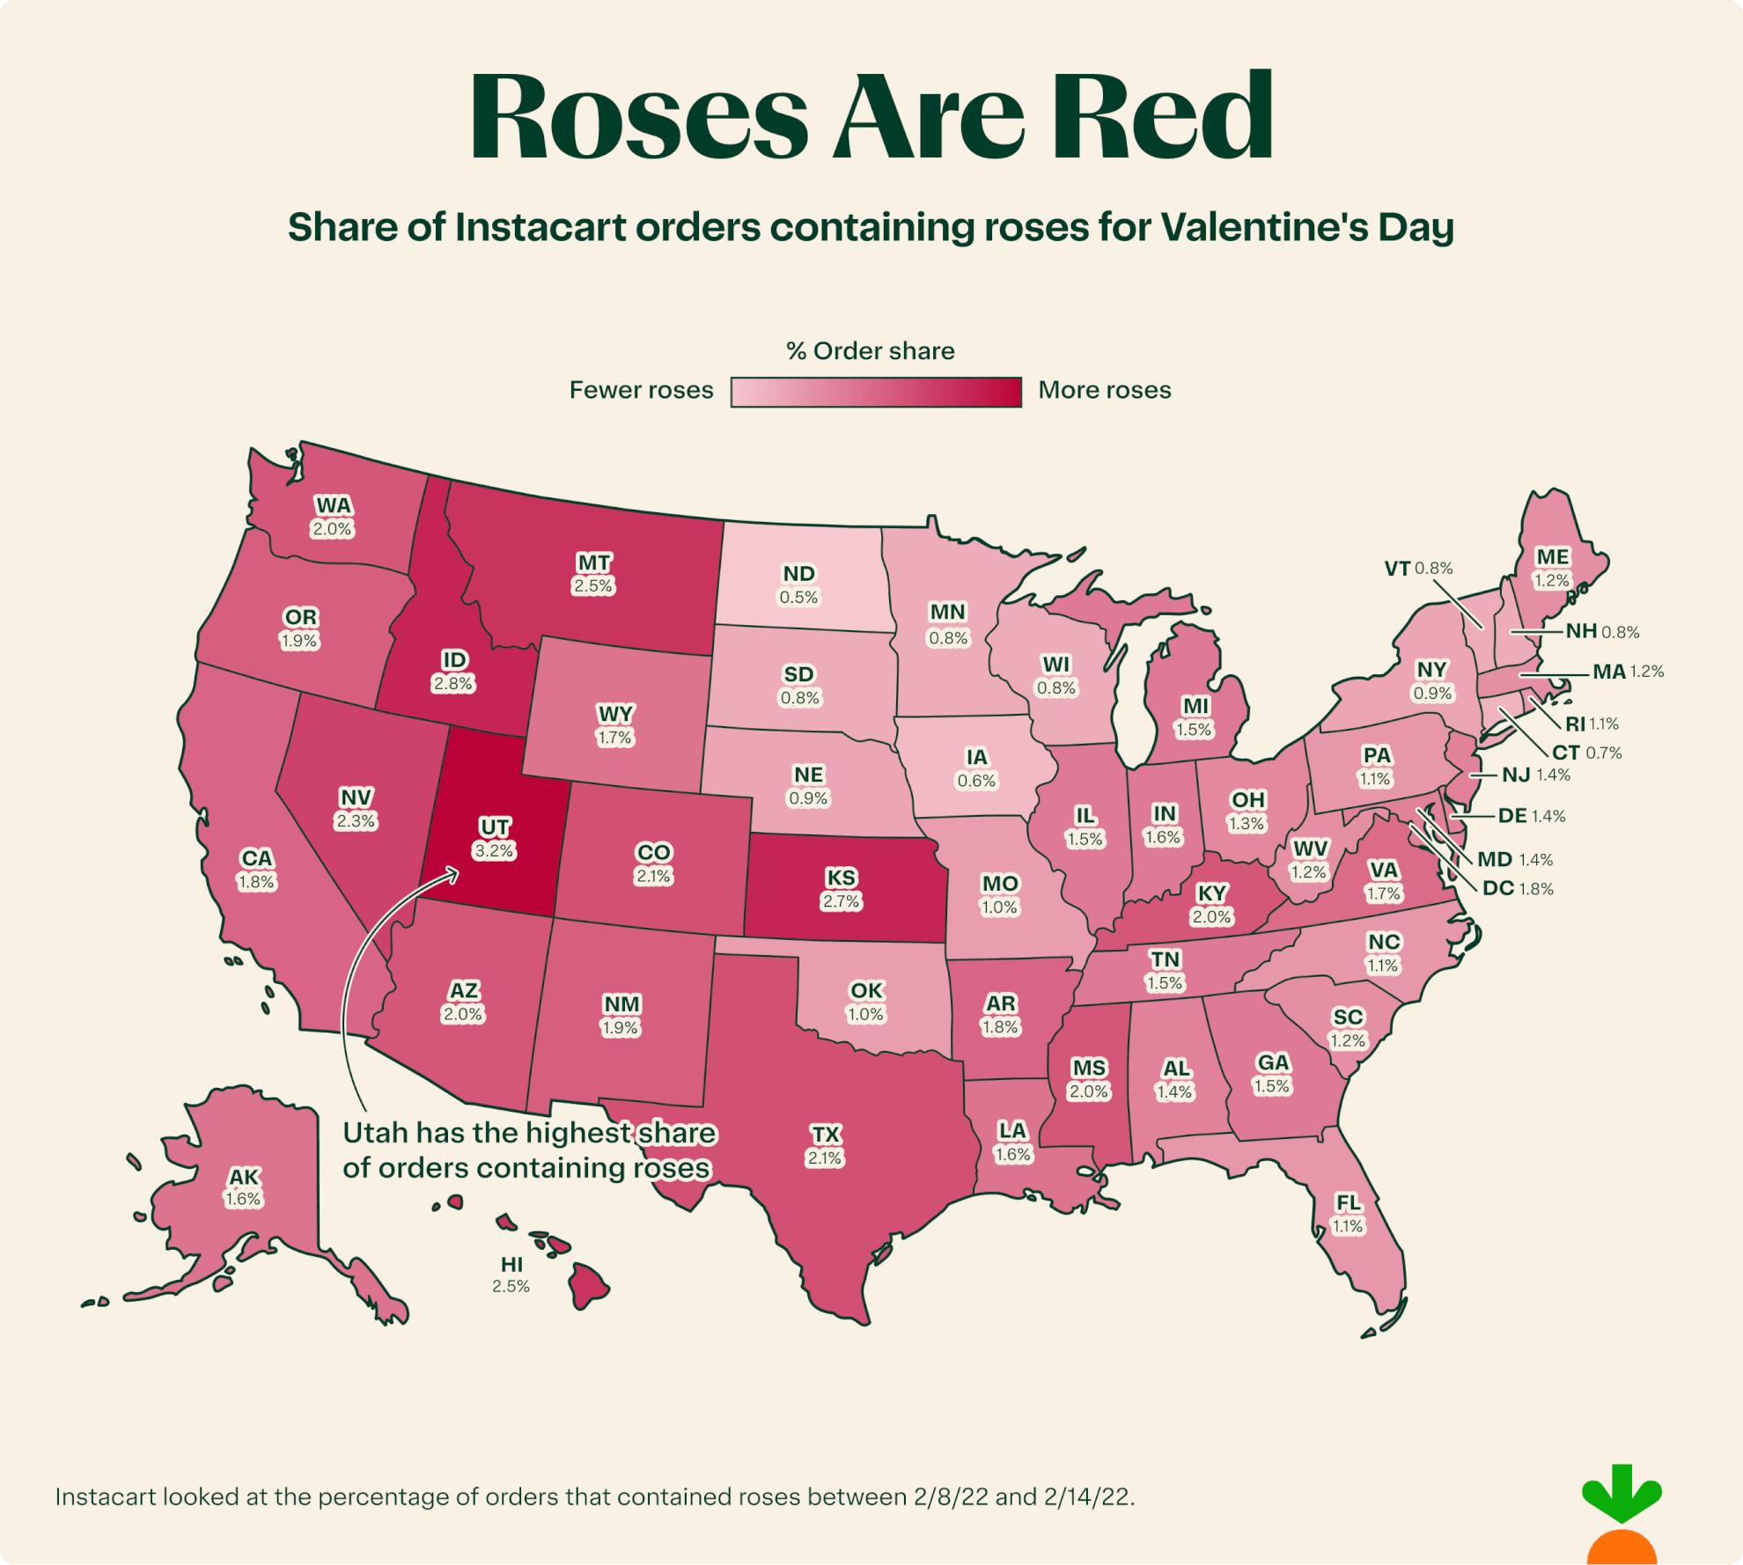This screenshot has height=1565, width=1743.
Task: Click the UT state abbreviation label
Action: click(495, 827)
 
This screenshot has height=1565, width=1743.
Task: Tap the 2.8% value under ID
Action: click(452, 684)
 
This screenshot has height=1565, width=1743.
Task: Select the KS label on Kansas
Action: click(841, 878)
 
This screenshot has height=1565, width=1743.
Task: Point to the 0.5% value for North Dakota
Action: click(798, 598)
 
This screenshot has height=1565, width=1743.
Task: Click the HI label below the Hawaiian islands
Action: click(512, 1264)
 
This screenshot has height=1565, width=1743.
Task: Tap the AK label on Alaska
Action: click(244, 1177)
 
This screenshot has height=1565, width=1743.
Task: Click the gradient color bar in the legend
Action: click(876, 392)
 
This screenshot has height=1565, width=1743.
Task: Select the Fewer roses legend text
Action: click(641, 390)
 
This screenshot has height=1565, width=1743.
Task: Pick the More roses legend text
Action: click(1105, 390)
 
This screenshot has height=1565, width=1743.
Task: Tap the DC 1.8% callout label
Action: click(1518, 888)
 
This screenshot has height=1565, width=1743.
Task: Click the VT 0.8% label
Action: click(1418, 569)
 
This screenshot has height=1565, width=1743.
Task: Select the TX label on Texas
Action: click(826, 1134)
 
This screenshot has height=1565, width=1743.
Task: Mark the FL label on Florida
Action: click(1348, 1202)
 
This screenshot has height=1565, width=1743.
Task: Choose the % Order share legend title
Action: click(871, 351)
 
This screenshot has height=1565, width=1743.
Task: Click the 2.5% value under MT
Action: click(593, 586)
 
